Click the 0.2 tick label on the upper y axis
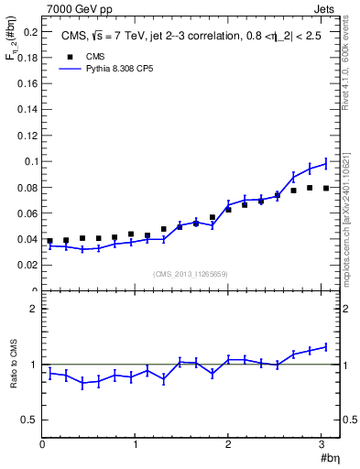click(x=29, y=32)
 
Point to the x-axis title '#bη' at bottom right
click(x=327, y=459)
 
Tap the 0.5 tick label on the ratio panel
click(x=29, y=420)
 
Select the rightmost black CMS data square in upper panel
click(x=325, y=188)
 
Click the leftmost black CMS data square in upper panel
click(x=49, y=241)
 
